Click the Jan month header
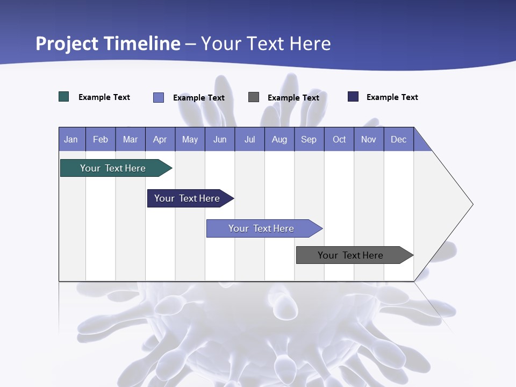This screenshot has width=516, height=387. pyautogui.click(x=71, y=139)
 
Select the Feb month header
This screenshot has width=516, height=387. pyautogui.click(x=101, y=139)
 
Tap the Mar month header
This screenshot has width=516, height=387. pyautogui.click(x=130, y=139)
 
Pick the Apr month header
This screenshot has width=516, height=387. pyautogui.click(x=160, y=139)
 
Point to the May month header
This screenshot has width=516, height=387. pyautogui.click(x=190, y=139)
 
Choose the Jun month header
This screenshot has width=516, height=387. pyautogui.click(x=220, y=139)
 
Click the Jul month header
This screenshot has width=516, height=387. pyautogui.click(x=249, y=139)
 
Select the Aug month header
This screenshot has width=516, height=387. pyautogui.click(x=279, y=139)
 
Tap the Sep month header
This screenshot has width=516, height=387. pyautogui.click(x=309, y=139)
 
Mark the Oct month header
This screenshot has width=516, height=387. pyautogui.click(x=339, y=139)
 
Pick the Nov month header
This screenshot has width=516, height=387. pyautogui.click(x=369, y=139)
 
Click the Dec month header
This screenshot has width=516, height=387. pyautogui.click(x=399, y=139)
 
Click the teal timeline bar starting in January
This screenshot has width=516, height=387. pyautogui.click(x=113, y=168)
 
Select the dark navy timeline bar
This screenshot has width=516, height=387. pyautogui.click(x=187, y=198)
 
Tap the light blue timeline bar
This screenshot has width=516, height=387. pyautogui.click(x=261, y=228)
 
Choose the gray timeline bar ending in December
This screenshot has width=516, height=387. pyautogui.click(x=350, y=255)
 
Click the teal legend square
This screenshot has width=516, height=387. pyautogui.click(x=64, y=97)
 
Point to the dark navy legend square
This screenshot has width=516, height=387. pyautogui.click(x=353, y=97)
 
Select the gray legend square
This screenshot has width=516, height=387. pyautogui.click(x=254, y=97)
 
